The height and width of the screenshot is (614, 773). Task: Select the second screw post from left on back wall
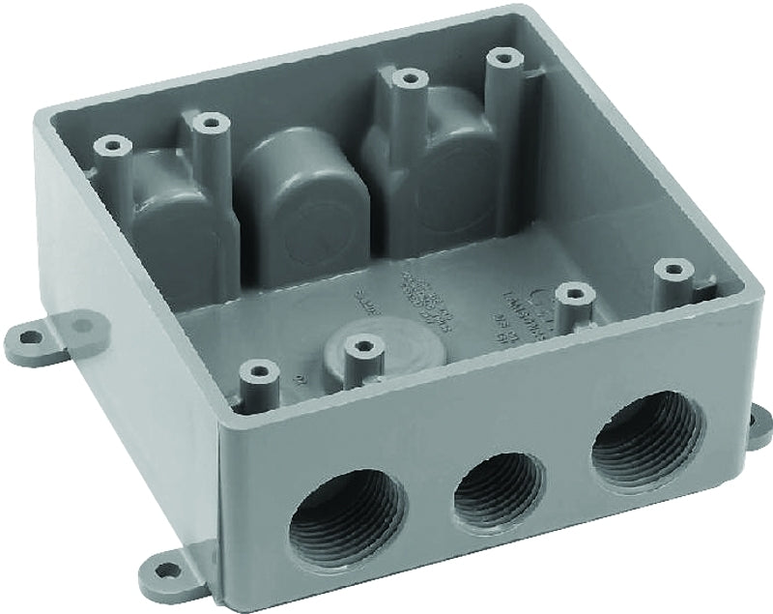210,123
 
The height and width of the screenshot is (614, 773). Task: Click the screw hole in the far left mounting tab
30,337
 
